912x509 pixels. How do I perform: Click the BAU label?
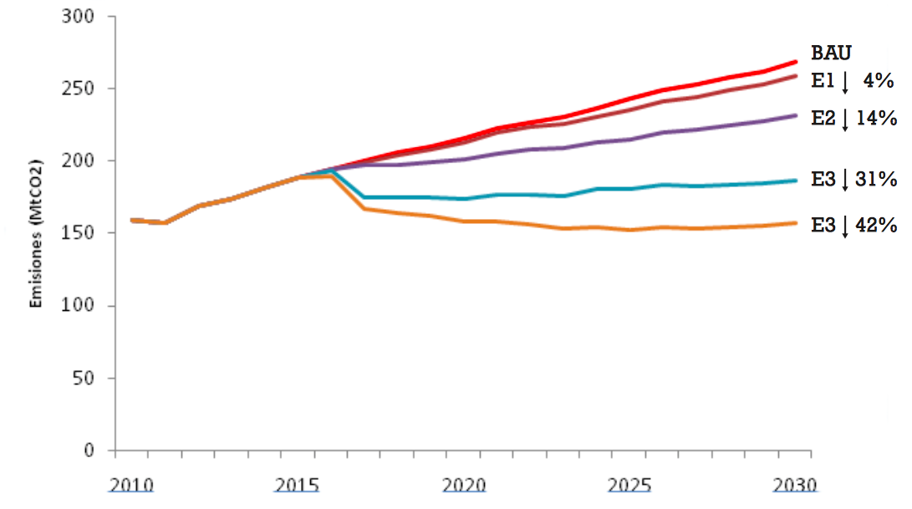831,53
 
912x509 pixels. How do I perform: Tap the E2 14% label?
853,119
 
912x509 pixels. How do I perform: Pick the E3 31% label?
853,180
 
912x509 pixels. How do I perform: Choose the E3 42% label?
853,226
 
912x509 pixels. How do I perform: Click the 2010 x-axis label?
130,485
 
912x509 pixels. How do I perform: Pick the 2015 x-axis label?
297,485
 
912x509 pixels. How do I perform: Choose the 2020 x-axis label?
463,485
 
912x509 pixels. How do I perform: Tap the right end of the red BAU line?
795,62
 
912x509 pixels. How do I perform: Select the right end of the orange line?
795,222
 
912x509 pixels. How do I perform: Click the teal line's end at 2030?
795,180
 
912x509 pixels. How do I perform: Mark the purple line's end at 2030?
795,115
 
